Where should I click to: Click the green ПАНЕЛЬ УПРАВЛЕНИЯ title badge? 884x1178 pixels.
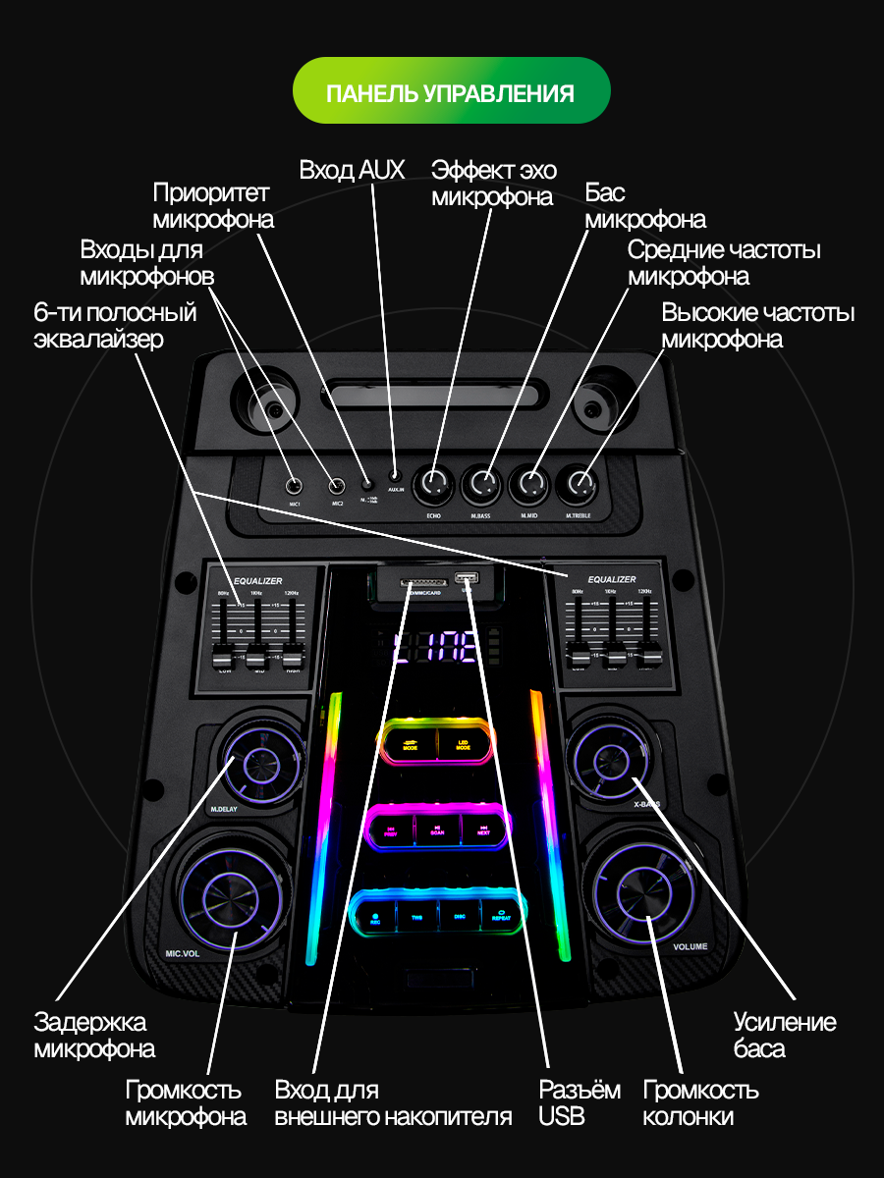451,91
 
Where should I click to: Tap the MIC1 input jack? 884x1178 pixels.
294,486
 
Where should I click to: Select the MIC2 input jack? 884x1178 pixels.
337,485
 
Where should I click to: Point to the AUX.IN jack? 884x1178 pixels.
395,476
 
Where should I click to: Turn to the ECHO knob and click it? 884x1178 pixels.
434,483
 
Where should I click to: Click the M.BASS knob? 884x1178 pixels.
482,483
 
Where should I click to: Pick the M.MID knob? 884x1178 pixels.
531,483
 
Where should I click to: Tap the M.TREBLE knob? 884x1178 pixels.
580,483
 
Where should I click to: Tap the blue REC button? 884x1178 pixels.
375,917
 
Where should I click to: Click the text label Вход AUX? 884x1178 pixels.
352,170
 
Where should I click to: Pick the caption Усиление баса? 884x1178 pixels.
785,1036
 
